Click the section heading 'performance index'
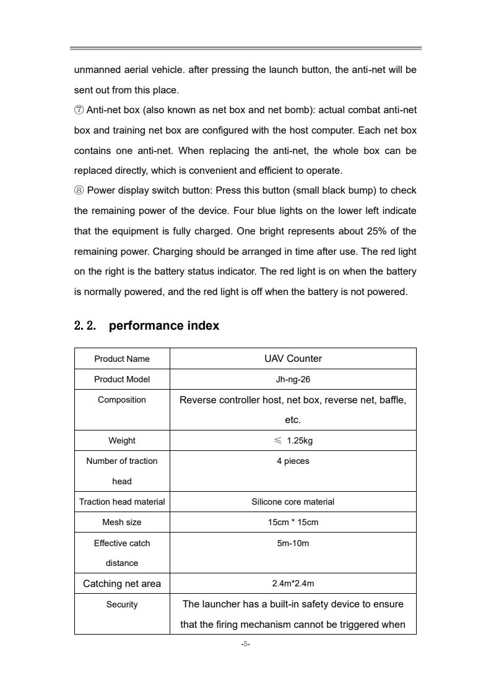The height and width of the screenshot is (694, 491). click(x=163, y=325)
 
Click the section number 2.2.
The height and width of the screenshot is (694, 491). click(x=85, y=325)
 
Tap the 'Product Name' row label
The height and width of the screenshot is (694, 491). click(x=122, y=359)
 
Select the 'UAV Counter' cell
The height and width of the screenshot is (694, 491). click(x=293, y=358)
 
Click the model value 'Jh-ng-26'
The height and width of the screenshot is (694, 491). click(x=293, y=379)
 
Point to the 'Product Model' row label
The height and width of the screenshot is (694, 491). click(x=122, y=379)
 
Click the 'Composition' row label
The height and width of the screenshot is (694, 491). click(x=122, y=400)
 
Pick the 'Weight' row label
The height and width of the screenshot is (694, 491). click(x=122, y=440)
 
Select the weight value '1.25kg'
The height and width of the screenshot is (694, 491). click(x=300, y=440)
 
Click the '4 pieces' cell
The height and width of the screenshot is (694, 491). click(x=293, y=461)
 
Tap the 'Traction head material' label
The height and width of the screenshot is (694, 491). click(x=122, y=502)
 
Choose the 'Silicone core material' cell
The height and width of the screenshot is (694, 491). click(x=293, y=502)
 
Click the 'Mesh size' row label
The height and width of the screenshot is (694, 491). click(x=122, y=522)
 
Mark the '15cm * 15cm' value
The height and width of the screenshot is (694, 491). click(x=293, y=522)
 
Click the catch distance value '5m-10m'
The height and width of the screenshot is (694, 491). click(x=293, y=543)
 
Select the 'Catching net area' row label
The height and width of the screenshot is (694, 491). click(x=122, y=583)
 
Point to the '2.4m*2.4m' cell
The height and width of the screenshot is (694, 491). click(x=293, y=583)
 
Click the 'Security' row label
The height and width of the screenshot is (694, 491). click(x=122, y=604)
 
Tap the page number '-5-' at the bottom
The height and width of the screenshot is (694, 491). click(x=245, y=644)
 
